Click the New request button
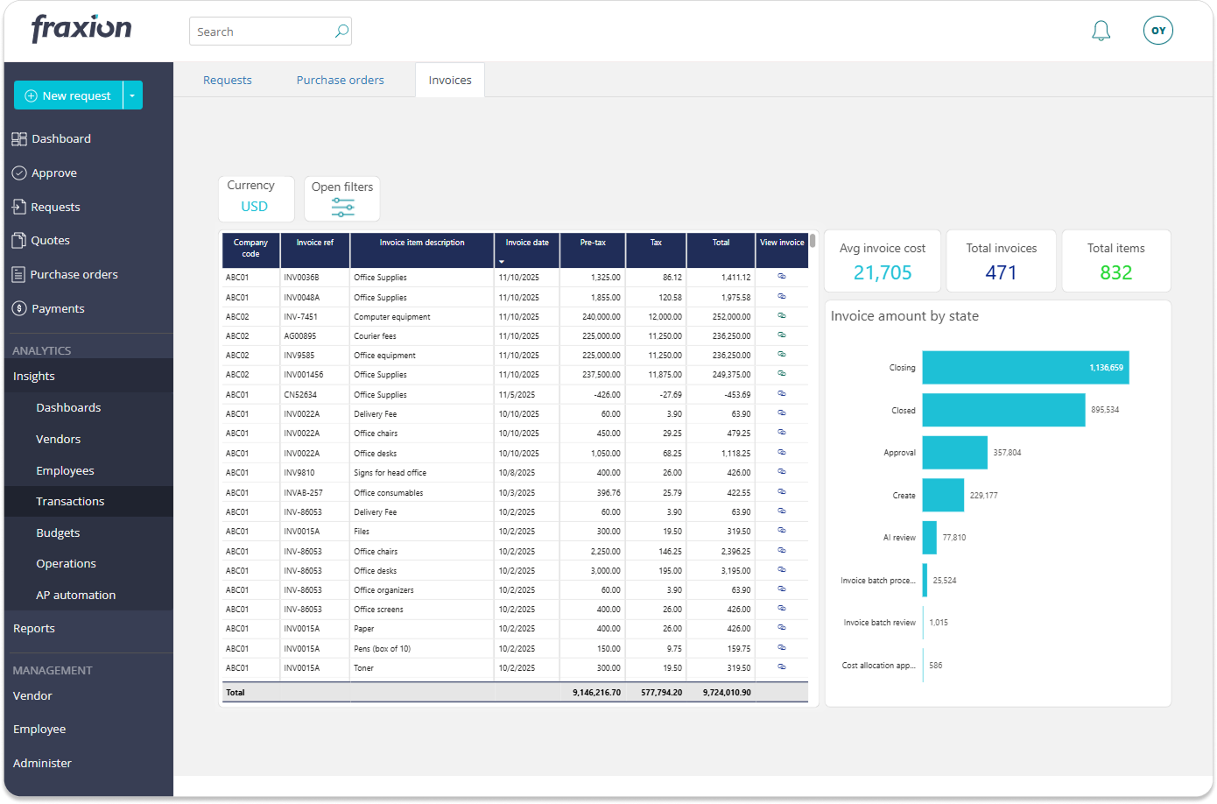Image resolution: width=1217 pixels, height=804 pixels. click(x=68, y=95)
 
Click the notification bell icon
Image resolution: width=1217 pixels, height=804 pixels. click(x=1101, y=32)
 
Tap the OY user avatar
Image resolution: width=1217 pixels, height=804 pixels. click(x=1157, y=31)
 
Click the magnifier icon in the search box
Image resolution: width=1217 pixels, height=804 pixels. click(x=341, y=32)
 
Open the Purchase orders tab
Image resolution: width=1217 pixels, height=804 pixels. click(x=340, y=80)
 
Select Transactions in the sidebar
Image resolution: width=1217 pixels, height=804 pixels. click(x=70, y=501)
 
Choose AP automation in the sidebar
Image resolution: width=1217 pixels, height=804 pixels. click(x=75, y=595)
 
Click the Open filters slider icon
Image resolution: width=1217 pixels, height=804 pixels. click(x=342, y=208)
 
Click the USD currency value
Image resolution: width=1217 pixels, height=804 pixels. click(x=254, y=207)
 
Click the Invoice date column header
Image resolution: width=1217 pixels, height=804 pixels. click(x=527, y=243)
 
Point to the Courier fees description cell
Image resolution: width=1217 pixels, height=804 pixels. click(x=375, y=336)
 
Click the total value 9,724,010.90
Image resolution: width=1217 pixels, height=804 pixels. click(x=726, y=692)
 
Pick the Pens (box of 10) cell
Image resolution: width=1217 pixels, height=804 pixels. click(x=382, y=649)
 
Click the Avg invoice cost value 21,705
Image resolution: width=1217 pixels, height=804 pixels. click(x=882, y=272)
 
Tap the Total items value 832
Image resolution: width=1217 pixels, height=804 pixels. click(x=1115, y=272)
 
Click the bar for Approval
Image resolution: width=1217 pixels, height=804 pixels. click(x=954, y=453)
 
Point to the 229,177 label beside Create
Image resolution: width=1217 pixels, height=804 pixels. click(x=983, y=496)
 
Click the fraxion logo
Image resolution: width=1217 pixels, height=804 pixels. click(x=81, y=28)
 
